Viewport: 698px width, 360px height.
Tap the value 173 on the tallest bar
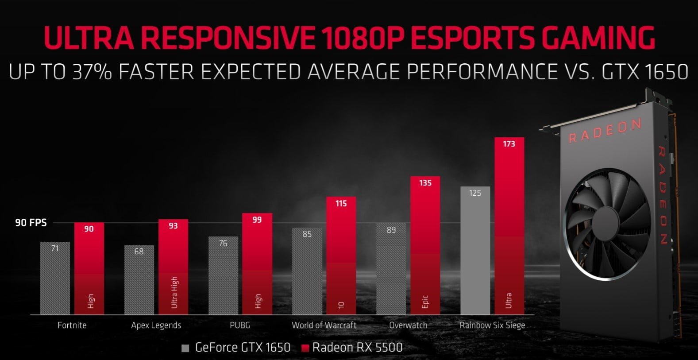coord(509,143)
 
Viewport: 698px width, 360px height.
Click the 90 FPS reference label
coord(31,222)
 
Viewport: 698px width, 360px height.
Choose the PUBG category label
coord(240,325)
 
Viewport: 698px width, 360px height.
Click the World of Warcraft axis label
coord(324,325)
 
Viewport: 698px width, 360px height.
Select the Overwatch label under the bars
coord(408,325)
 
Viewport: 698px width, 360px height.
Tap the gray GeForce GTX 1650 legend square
coord(185,348)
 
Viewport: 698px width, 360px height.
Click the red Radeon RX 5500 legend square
coord(304,348)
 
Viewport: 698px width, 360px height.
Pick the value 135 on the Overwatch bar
coord(425,183)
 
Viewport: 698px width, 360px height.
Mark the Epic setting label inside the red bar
coord(425,300)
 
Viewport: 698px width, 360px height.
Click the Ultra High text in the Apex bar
coord(174,292)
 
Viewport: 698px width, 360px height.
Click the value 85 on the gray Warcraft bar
coord(307,234)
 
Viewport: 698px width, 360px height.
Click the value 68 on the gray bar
coord(139,252)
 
